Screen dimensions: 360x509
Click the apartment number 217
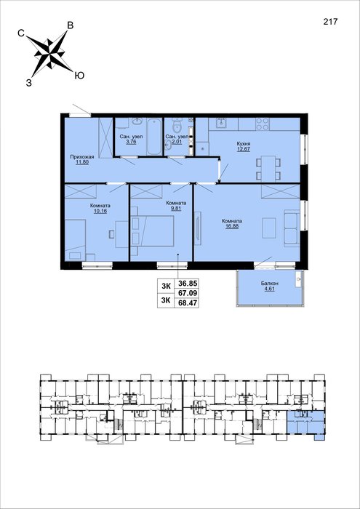coord(330,21)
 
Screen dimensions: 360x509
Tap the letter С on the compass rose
coord(21,33)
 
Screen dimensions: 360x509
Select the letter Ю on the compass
coord(79,76)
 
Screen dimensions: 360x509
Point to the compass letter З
coord(29,83)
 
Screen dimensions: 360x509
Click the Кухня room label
coord(243,143)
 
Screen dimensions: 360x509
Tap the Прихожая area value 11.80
coord(81,163)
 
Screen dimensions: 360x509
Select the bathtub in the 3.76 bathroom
coord(154,137)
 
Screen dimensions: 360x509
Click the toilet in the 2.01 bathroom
coord(177,125)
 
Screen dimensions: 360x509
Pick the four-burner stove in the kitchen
coord(263,124)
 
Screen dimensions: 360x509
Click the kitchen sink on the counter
coord(223,124)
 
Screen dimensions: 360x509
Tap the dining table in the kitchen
coord(268,169)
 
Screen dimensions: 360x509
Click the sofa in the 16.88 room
coord(291,228)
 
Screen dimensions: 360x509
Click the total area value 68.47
coord(186,303)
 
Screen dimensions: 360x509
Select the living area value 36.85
coord(186,284)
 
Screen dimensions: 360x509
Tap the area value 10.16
coord(100,211)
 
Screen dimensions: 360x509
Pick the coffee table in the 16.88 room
coord(269,228)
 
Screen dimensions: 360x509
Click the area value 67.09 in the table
coord(186,293)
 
